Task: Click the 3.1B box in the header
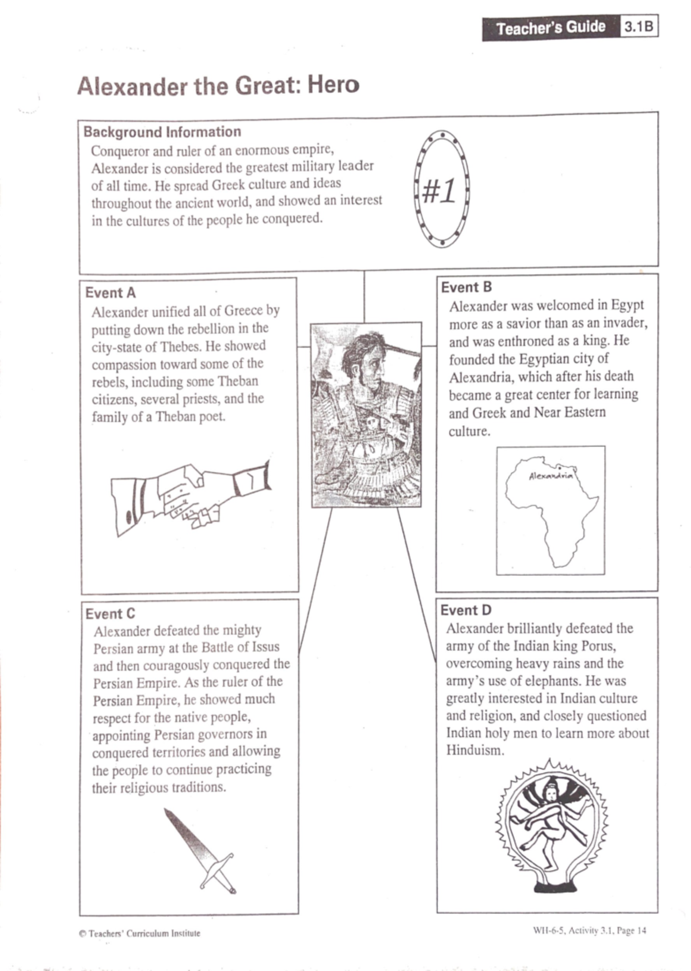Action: coord(639,27)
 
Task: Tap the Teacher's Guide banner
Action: coord(550,28)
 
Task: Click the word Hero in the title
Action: coord(333,85)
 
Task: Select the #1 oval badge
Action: coord(441,189)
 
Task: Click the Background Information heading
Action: coord(162,132)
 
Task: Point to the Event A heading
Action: coord(111,293)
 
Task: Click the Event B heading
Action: coord(466,287)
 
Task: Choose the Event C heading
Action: coord(110,613)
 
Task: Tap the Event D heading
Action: coord(466,610)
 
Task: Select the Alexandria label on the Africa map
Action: coord(550,476)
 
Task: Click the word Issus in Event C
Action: coord(265,647)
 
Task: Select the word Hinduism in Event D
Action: coord(474,750)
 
